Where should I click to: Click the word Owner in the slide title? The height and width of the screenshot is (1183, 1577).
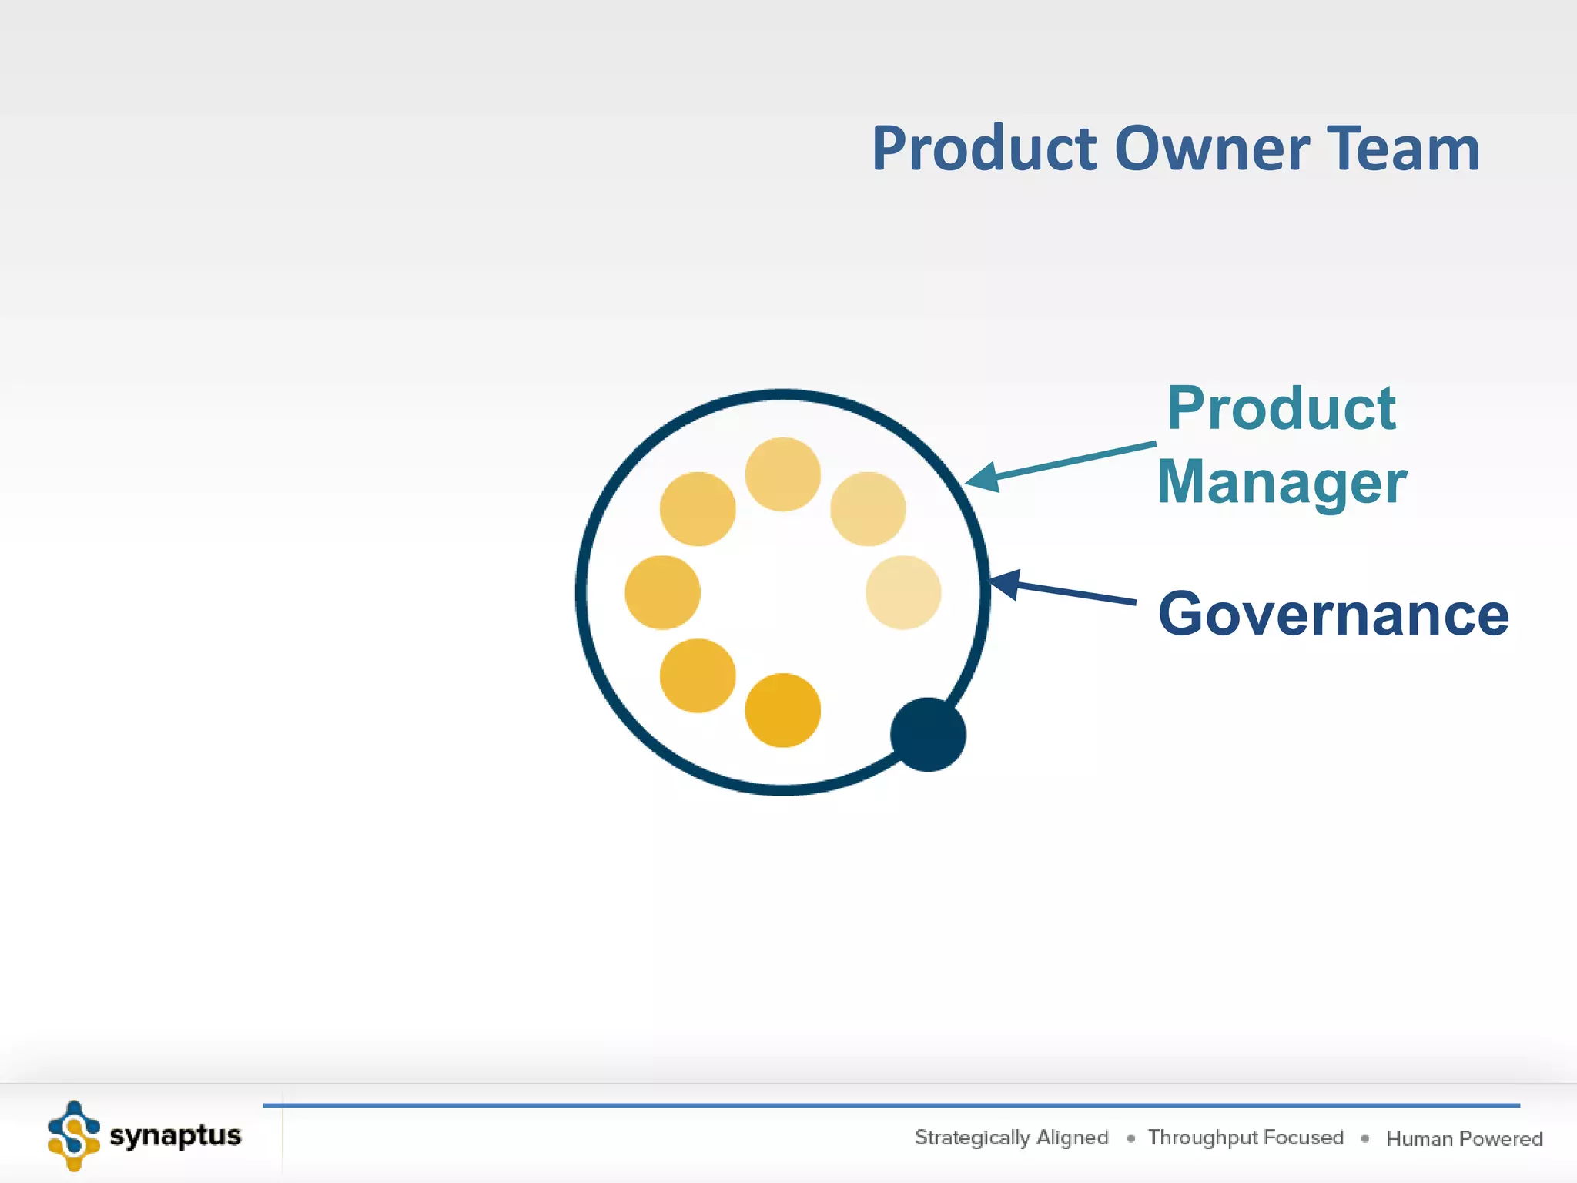[x=1211, y=149]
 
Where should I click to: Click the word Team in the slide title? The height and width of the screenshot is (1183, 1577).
[x=1403, y=149]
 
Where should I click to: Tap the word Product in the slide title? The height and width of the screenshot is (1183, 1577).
[x=984, y=149]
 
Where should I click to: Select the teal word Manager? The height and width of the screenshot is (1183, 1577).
[x=1282, y=483]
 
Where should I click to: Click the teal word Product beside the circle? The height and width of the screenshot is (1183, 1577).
[x=1281, y=408]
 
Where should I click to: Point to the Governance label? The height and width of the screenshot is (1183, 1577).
[x=1333, y=615]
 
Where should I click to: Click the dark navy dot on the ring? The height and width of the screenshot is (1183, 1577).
[x=928, y=735]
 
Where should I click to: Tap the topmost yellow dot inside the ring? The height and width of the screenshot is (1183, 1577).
[x=782, y=474]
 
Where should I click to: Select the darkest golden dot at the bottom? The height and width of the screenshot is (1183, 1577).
[x=782, y=710]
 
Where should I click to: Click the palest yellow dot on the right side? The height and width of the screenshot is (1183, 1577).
[x=902, y=592]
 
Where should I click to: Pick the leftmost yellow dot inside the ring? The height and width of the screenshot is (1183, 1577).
[x=662, y=592]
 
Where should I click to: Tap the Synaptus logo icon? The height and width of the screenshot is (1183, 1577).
[x=73, y=1136]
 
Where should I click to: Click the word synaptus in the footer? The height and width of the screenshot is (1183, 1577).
[x=176, y=1136]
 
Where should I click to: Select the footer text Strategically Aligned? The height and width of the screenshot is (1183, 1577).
[x=1011, y=1138]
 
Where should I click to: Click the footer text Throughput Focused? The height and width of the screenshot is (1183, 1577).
[x=1245, y=1138]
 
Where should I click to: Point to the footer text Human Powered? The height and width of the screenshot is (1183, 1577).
[x=1464, y=1138]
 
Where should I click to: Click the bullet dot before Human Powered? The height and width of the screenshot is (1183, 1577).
[x=1364, y=1138]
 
